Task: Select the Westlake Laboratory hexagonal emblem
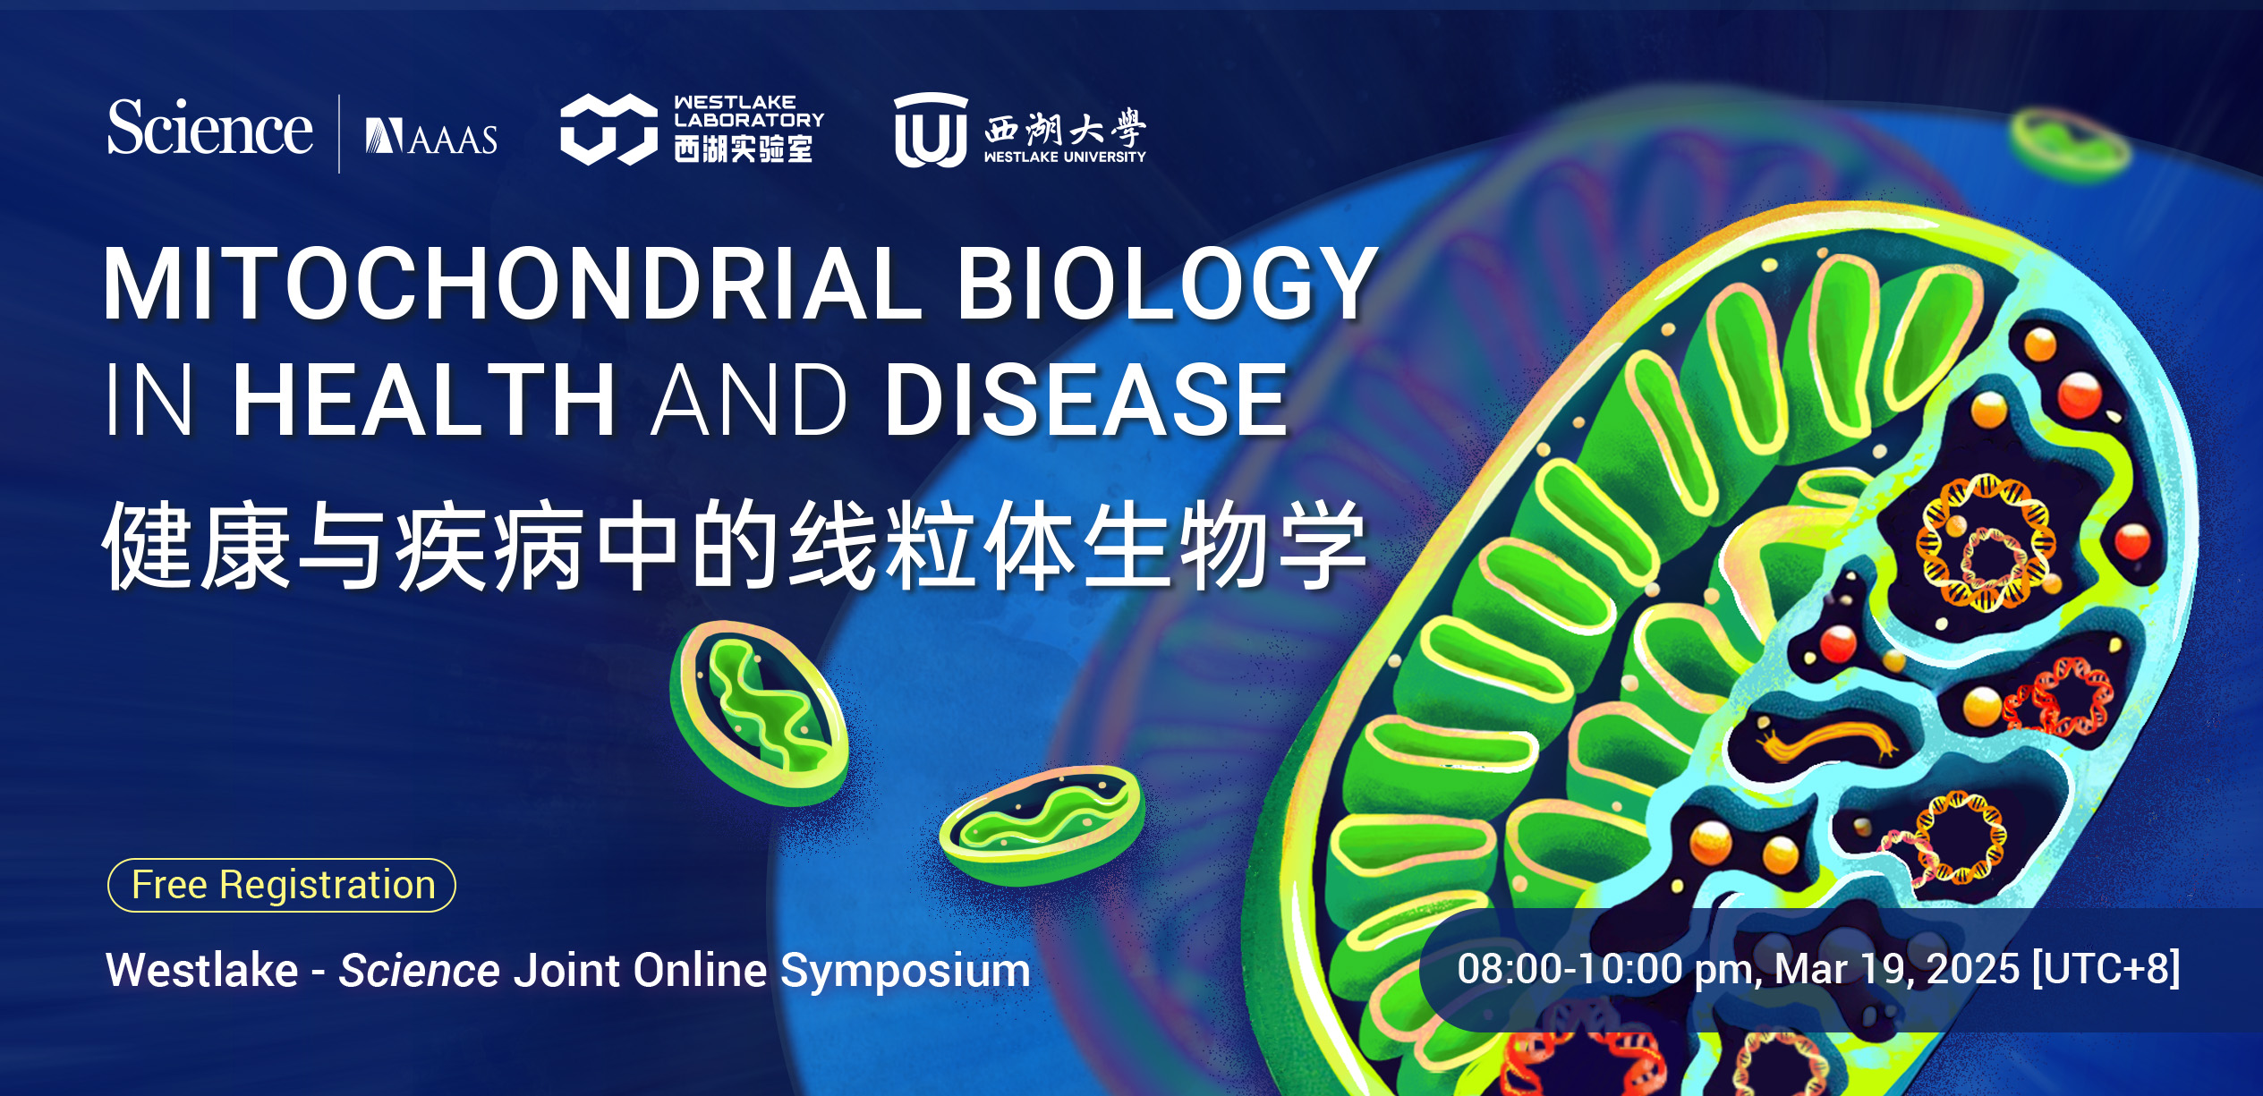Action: (608, 130)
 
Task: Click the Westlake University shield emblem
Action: (931, 130)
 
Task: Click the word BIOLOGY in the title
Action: (1168, 284)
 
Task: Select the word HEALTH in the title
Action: (424, 400)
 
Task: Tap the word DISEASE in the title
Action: (1086, 400)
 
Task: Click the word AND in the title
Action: (749, 400)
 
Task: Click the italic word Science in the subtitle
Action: (419, 970)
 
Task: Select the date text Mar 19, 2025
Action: (1896, 969)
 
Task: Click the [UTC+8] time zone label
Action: (2106, 969)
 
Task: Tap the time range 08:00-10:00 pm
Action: (1609, 969)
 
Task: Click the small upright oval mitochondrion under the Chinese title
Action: (759, 713)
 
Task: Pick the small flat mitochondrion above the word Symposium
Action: (1042, 823)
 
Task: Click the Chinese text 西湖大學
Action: (1065, 129)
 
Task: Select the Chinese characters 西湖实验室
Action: (744, 149)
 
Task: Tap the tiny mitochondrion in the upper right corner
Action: (2069, 143)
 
